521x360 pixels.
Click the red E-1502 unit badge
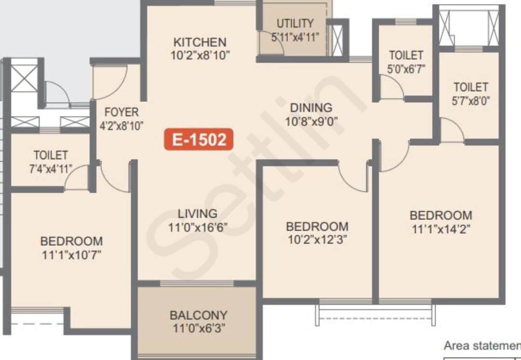point(199,139)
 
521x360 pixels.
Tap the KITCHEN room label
point(200,42)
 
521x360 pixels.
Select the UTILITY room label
point(295,23)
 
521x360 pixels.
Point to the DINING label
point(311,108)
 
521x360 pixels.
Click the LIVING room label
point(198,213)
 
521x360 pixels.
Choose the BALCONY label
point(199,315)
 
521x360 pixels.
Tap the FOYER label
point(122,112)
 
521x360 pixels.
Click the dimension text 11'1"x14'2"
point(441,229)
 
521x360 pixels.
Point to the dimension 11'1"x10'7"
point(71,255)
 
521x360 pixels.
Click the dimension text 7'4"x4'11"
point(51,169)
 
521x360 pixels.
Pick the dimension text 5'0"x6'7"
point(406,69)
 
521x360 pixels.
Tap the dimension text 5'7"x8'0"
point(471,101)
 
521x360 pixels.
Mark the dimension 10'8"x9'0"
point(311,122)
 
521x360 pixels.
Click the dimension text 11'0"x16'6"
point(198,227)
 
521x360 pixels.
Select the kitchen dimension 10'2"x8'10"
point(200,55)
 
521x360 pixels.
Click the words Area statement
point(482,346)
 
